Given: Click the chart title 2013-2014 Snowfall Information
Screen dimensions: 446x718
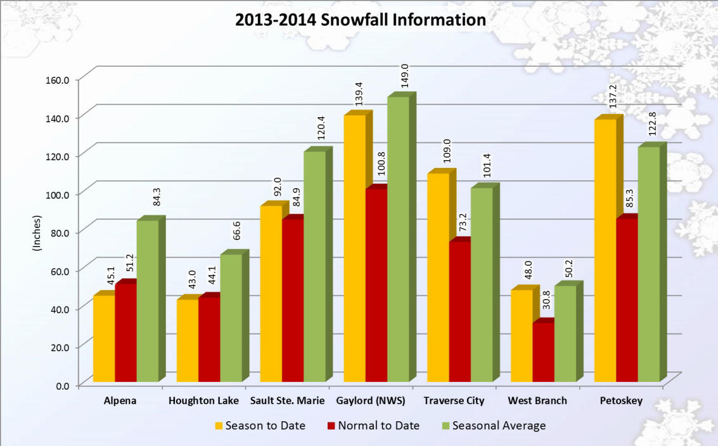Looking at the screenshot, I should click(360, 20).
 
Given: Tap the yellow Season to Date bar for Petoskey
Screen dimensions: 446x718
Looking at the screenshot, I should click(606, 250).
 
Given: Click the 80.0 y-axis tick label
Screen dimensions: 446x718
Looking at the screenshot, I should click(58, 232).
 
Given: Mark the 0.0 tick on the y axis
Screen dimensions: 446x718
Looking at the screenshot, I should click(61, 385).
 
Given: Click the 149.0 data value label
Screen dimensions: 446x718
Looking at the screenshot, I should click(404, 76).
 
